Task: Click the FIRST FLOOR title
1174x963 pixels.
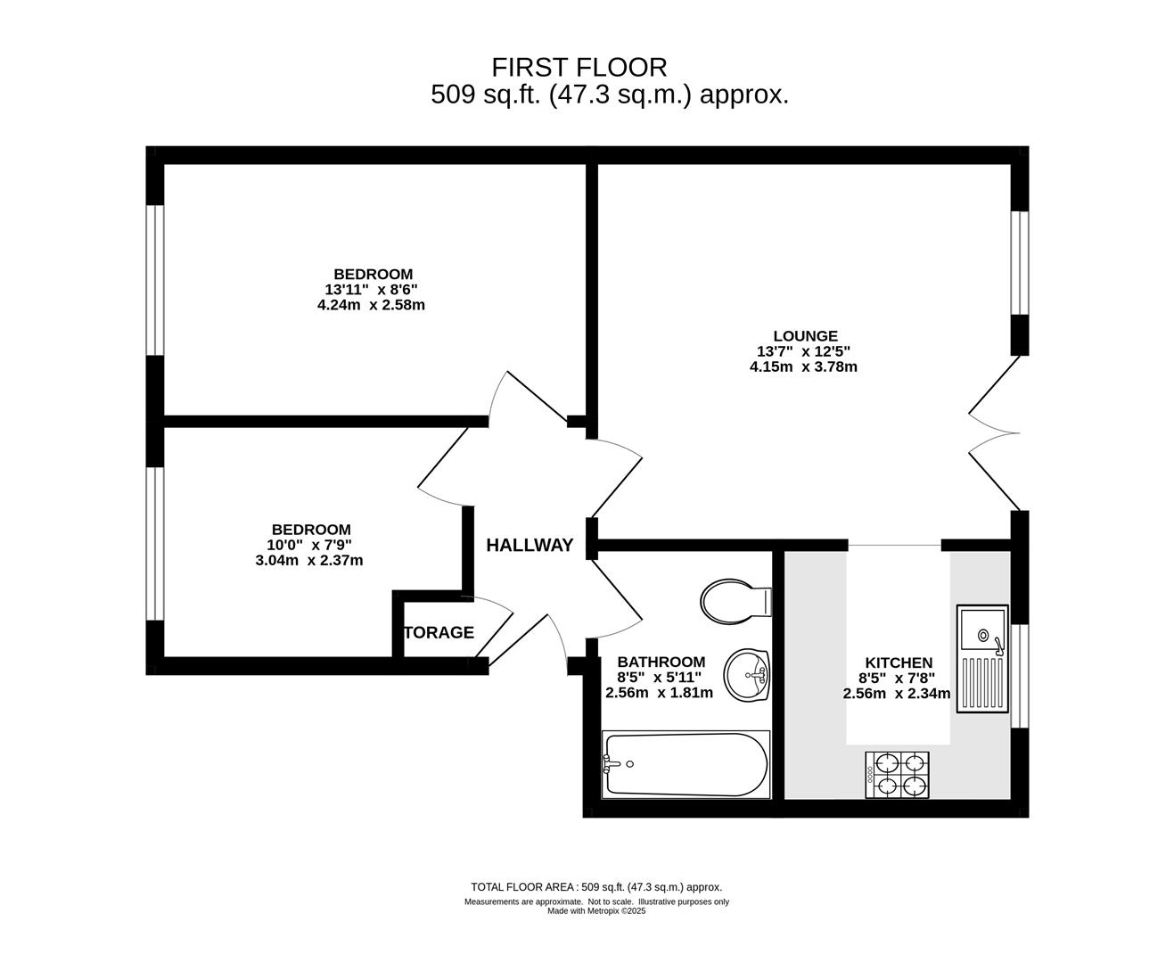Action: click(579, 68)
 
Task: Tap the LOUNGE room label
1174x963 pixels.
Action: click(805, 336)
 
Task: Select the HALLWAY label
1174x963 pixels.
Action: click(530, 545)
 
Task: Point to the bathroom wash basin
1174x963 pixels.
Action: click(747, 675)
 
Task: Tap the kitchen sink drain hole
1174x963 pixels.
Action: click(983, 634)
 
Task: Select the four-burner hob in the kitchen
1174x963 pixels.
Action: click(897, 775)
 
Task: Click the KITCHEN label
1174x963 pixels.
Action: click(899, 663)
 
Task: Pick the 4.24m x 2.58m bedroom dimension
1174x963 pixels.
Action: click(371, 305)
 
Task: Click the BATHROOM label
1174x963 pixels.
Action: click(661, 662)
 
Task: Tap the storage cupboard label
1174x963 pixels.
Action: click(439, 632)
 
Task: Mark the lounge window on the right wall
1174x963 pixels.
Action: click(1020, 263)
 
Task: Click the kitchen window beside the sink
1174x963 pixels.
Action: click(1020, 676)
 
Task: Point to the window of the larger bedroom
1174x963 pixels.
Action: click(155, 280)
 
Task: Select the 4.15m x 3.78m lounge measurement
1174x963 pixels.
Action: click(803, 366)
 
